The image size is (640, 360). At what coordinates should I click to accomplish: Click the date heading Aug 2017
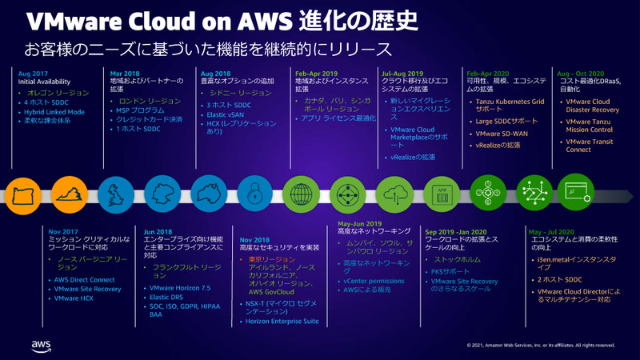tap(33, 74)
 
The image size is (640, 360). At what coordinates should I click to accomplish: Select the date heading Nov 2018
tap(256, 239)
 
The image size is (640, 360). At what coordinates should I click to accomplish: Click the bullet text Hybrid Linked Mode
tap(55, 112)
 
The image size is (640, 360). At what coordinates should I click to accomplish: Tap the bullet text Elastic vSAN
tap(226, 115)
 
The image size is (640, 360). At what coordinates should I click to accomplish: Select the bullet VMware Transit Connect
tap(590, 145)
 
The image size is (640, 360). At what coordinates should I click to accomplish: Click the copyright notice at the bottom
tap(541, 346)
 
